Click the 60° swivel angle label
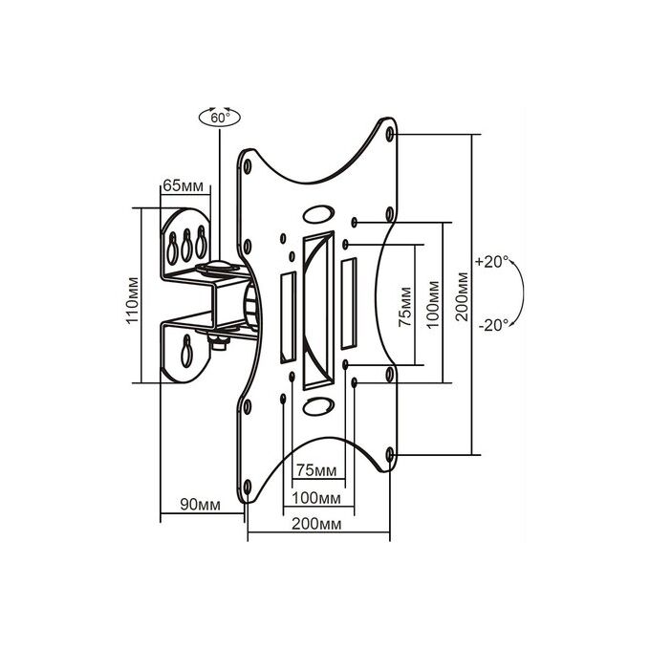pyautogui.click(x=220, y=118)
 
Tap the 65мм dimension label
pyautogui.click(x=184, y=185)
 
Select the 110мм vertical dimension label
pyautogui.click(x=132, y=300)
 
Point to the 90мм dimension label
pyautogui.click(x=200, y=505)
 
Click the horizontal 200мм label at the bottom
pyautogui.click(x=316, y=524)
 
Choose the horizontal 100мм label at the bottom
pyautogui.click(x=316, y=498)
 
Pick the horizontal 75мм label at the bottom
pyautogui.click(x=316, y=471)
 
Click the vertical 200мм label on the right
pyautogui.click(x=462, y=296)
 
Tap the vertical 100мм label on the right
pyautogui.click(x=433, y=305)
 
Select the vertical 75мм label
pyautogui.click(x=405, y=307)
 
